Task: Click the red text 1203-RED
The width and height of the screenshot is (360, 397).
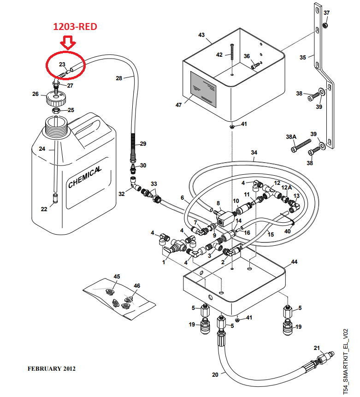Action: click(x=75, y=27)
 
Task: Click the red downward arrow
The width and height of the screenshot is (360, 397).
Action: click(x=68, y=42)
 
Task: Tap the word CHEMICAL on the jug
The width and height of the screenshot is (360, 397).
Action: click(x=84, y=177)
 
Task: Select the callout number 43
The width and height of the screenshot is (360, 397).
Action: click(x=201, y=35)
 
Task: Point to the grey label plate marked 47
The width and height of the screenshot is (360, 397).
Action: click(x=203, y=89)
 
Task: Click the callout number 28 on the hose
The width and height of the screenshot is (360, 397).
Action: click(x=119, y=78)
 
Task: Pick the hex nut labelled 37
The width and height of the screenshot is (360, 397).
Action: click(x=326, y=25)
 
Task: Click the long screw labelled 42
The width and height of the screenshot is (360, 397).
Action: click(x=232, y=52)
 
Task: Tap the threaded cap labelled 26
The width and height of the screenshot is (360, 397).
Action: click(x=56, y=99)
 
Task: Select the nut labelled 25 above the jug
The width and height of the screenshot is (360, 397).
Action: click(x=56, y=110)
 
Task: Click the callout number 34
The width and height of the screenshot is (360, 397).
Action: click(x=254, y=153)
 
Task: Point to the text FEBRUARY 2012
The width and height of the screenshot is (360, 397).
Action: click(x=51, y=369)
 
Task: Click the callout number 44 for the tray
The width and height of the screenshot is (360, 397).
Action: click(x=294, y=261)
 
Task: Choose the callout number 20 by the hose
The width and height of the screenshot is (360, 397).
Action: click(x=215, y=374)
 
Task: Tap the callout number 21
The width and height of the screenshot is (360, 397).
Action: click(x=317, y=348)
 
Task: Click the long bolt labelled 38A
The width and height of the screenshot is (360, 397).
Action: click(x=301, y=146)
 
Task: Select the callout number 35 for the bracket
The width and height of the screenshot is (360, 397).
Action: click(x=303, y=58)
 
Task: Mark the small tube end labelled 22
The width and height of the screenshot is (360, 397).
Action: click(x=55, y=198)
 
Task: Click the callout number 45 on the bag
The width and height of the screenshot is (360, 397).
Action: click(x=117, y=277)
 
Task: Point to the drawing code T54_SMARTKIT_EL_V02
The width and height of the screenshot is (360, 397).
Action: click(x=346, y=361)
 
